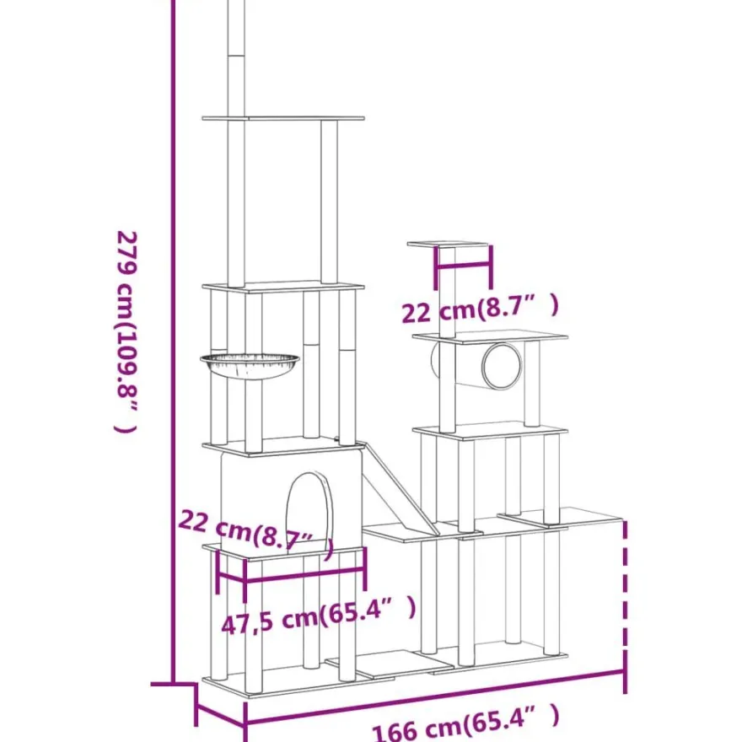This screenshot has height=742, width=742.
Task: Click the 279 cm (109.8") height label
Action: point(126,331)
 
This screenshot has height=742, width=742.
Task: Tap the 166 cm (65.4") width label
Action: point(466,723)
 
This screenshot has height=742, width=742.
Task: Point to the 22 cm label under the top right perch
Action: point(480,309)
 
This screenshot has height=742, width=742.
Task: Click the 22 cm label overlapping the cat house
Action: point(256,533)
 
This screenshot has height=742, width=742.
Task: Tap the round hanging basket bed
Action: point(250,365)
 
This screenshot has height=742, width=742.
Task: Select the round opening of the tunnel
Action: point(502,366)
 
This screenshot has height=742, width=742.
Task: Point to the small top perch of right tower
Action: point(448,245)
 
